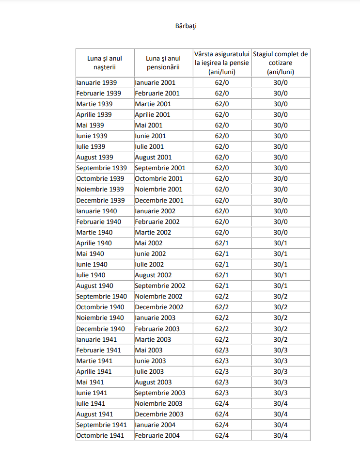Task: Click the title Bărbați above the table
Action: (x=186, y=26)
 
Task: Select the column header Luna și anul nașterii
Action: (x=105, y=63)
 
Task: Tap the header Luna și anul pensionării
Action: (x=163, y=63)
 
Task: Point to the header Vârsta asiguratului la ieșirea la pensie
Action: (x=222, y=63)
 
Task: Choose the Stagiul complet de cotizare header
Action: (x=281, y=63)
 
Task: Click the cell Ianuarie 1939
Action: (x=96, y=82)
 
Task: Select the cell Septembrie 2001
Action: (x=160, y=168)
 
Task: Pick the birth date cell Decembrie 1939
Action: (x=100, y=200)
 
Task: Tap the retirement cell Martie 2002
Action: (x=153, y=232)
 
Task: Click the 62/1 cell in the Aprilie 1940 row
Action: (x=222, y=243)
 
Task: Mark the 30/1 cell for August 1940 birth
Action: (x=281, y=286)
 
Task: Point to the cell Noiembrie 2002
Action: (x=158, y=296)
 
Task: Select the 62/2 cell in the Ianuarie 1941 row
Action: (x=222, y=339)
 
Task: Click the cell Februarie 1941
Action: (x=98, y=350)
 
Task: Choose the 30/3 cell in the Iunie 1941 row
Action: (x=281, y=393)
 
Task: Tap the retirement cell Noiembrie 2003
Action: (x=158, y=403)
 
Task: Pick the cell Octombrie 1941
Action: (x=100, y=435)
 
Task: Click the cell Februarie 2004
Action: (x=157, y=435)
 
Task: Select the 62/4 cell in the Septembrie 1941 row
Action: (x=222, y=425)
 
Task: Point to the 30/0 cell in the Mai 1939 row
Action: (x=281, y=125)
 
